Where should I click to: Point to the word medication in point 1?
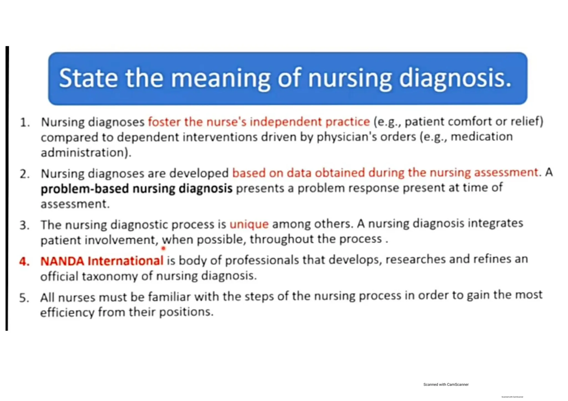(481, 137)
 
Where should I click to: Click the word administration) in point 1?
(86, 153)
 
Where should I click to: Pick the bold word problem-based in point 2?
(85, 189)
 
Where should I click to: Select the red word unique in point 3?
(249, 224)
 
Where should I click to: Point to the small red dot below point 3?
(163, 248)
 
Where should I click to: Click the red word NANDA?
(62, 261)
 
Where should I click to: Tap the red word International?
(125, 261)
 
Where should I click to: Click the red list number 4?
(24, 262)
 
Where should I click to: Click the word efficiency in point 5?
(67, 313)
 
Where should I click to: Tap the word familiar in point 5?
(169, 297)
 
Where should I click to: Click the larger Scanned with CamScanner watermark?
(446, 384)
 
